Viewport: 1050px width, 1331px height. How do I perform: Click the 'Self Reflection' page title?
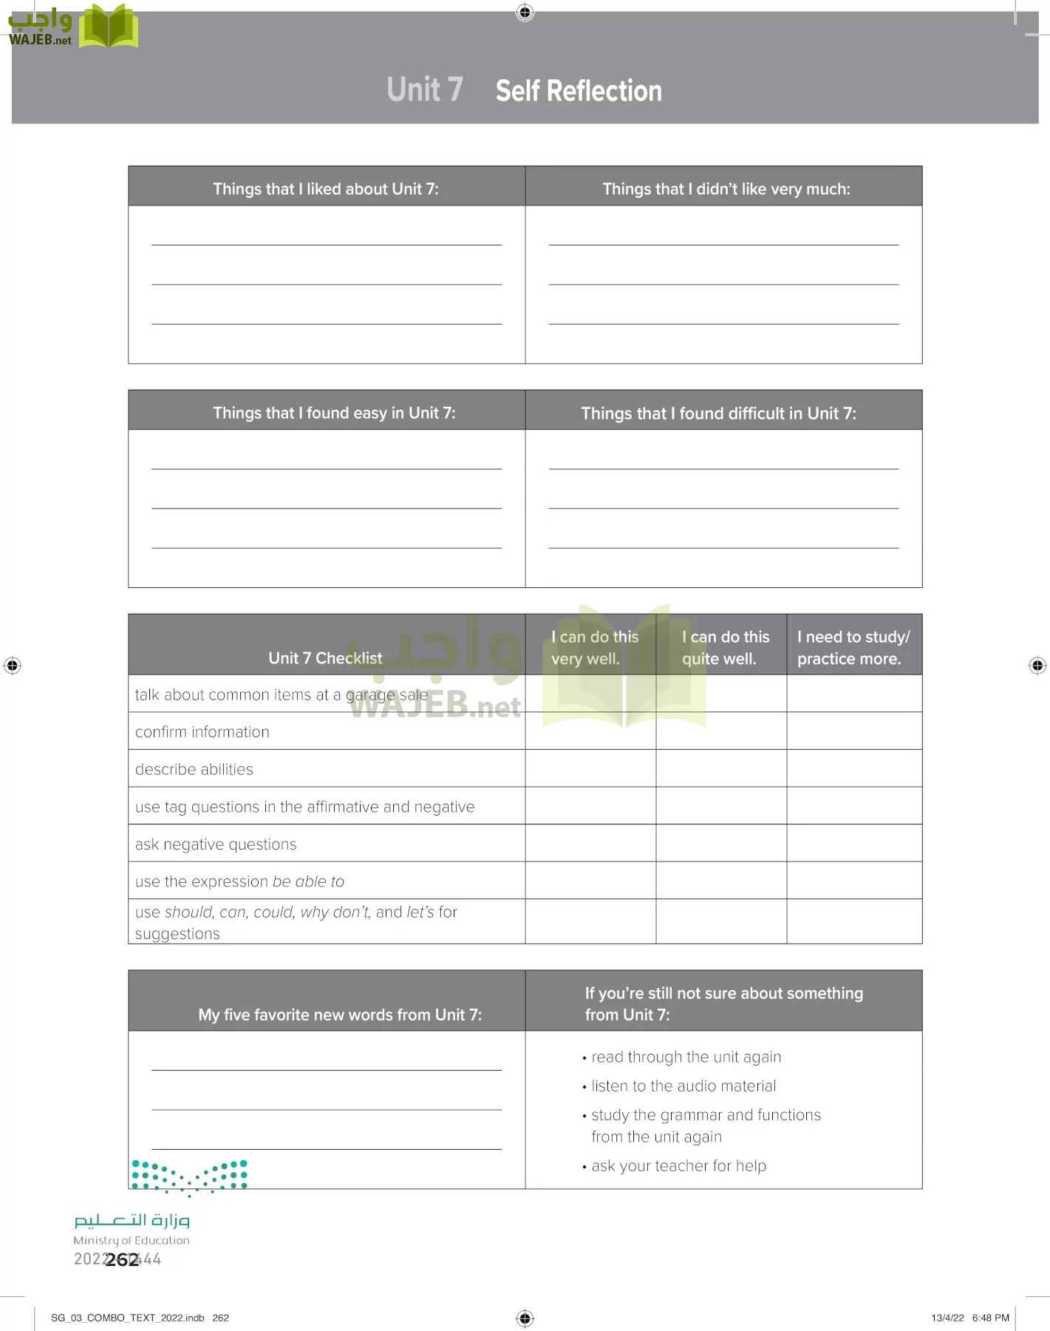click(579, 91)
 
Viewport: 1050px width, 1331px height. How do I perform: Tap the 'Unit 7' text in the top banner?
click(425, 89)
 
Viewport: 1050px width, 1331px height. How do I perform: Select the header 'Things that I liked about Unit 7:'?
click(326, 189)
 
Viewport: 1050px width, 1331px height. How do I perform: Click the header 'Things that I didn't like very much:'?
click(726, 189)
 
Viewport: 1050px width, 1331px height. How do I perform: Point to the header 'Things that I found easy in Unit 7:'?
click(334, 413)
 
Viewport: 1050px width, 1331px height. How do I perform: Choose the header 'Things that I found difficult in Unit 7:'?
click(718, 413)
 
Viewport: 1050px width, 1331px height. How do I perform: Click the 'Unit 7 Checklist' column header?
click(325, 657)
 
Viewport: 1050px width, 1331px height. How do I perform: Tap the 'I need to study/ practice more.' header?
click(853, 647)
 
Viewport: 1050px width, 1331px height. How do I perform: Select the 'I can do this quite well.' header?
click(725, 647)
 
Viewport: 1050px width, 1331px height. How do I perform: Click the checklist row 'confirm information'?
click(202, 732)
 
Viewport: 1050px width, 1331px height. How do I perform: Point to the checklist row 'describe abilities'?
click(194, 769)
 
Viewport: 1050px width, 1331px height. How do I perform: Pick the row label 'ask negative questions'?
click(216, 844)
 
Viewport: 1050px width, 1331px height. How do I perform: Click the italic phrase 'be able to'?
click(308, 881)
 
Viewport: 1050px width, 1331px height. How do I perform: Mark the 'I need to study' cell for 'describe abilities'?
click(853, 768)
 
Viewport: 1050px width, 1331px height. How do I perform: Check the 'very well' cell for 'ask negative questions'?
click(590, 843)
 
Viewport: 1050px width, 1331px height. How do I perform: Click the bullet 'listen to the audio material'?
click(683, 1086)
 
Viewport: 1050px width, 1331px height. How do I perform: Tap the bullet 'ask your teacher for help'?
click(678, 1166)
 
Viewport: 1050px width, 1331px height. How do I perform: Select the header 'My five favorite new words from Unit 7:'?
click(340, 1015)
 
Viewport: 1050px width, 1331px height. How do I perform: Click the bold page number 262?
click(122, 1259)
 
